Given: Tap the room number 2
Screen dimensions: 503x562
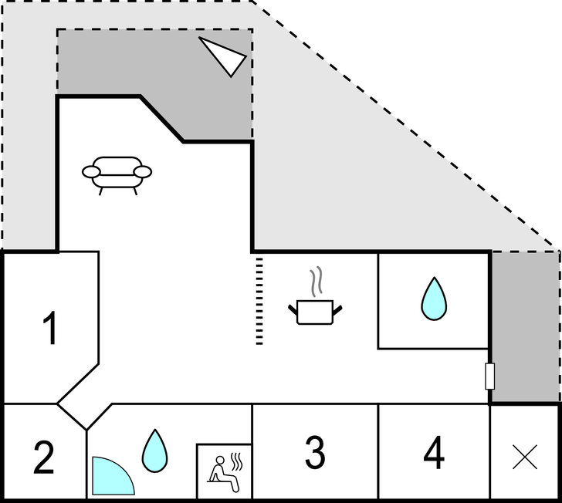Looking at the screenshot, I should (x=43, y=457).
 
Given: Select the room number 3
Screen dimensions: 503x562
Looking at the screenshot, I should (x=314, y=453).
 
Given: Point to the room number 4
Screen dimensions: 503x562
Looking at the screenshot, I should (x=434, y=453).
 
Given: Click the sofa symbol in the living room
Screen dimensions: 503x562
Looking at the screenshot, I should (x=117, y=174).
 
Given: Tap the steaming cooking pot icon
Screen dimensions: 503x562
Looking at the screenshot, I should (x=315, y=310).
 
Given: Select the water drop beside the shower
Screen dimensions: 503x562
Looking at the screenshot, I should (x=154, y=451).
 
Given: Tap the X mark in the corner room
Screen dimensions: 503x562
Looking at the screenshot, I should (x=525, y=458).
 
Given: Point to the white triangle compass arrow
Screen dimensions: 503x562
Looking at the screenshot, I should (x=224, y=56).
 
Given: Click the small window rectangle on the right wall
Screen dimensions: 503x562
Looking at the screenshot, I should (x=489, y=376).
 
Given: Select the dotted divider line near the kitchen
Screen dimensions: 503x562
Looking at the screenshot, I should (x=259, y=301).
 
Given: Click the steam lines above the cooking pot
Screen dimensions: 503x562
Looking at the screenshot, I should (x=315, y=282).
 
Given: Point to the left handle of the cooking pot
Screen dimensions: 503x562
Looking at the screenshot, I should (x=293, y=309).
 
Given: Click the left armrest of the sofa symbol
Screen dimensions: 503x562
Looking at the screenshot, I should (x=90, y=171).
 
